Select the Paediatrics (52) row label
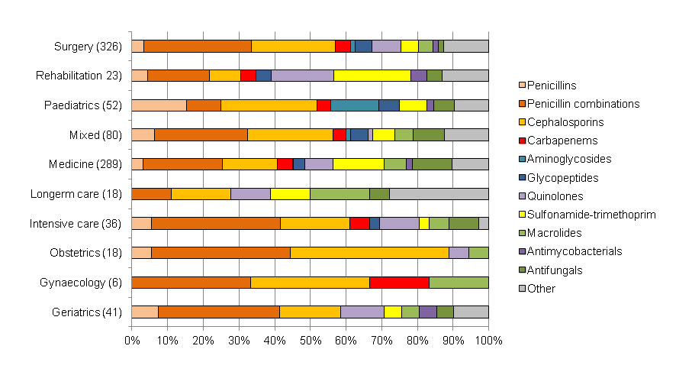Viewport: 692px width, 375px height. [83, 105]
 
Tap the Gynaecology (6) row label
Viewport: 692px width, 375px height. [80, 283]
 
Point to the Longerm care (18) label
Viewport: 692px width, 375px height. [76, 194]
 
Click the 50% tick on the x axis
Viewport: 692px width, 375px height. [310, 339]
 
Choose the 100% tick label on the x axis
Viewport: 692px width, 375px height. [488, 339]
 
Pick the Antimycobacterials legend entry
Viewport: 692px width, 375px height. [578, 251]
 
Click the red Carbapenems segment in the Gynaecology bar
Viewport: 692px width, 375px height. [399, 283]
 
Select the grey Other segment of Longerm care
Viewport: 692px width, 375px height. [439, 194]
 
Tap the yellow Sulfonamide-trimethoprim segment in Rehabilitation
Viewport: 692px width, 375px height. [372, 75]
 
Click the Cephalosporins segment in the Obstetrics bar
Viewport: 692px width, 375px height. [369, 253]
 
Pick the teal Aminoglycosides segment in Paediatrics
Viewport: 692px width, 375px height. [354, 105]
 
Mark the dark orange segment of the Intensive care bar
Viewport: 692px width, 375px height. [216, 223]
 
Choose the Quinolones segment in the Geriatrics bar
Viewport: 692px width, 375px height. [362, 312]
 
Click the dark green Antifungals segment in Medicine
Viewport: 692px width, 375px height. [432, 164]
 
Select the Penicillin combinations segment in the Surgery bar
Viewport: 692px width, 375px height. [198, 47]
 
